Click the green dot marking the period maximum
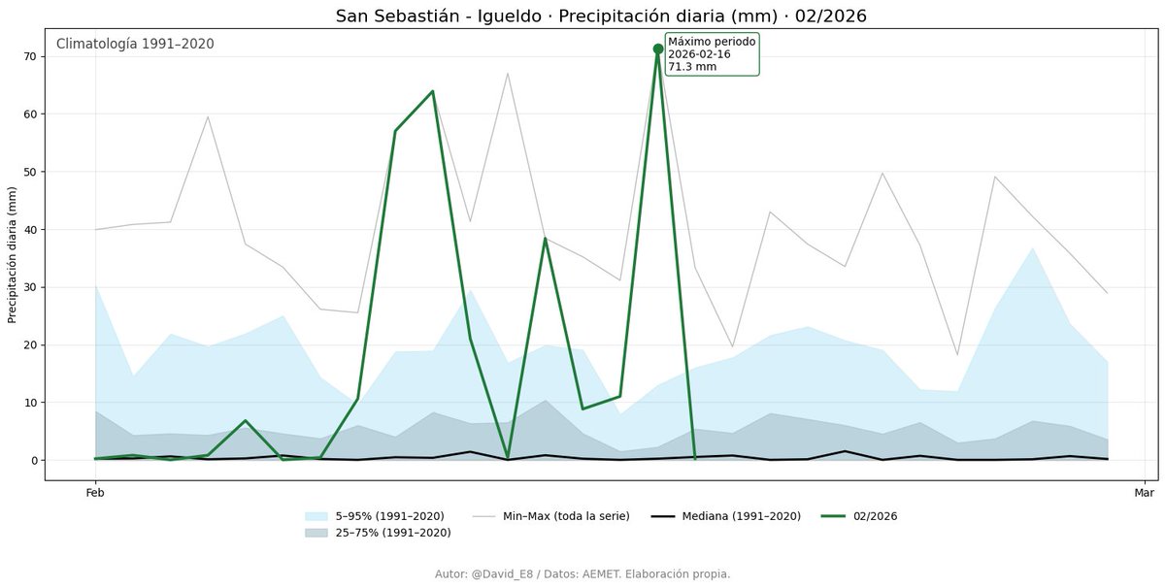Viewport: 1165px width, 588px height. [658, 49]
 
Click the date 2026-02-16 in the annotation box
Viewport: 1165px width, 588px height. [699, 54]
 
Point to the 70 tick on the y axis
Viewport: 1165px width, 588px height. [29, 56]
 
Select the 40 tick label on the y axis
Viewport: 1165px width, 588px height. [29, 230]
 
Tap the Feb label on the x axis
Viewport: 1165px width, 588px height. [95, 493]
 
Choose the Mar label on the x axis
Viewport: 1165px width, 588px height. [1144, 493]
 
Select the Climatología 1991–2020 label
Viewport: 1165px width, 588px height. [135, 44]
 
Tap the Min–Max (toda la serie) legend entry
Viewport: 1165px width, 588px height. [566, 516]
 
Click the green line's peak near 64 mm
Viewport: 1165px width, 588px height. [432, 91]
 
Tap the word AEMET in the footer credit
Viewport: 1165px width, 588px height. [602, 574]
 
